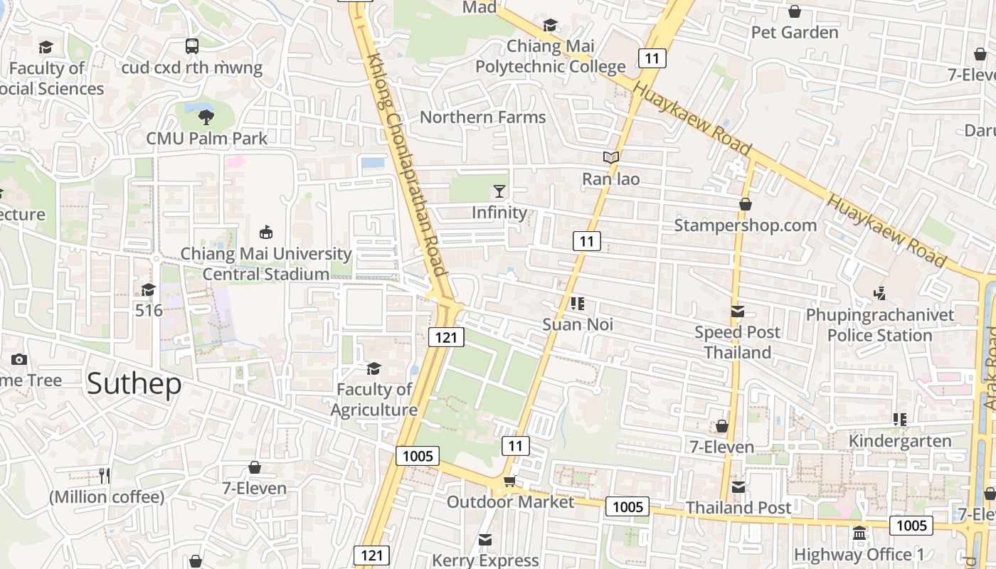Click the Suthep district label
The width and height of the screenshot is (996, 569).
pyautogui.click(x=134, y=384)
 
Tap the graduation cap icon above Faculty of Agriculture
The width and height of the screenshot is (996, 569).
pyautogui.click(x=373, y=368)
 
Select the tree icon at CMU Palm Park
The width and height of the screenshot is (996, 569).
pyautogui.click(x=206, y=117)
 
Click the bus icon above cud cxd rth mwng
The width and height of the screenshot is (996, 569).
pyautogui.click(x=192, y=46)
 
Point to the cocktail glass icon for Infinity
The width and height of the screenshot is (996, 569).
pyautogui.click(x=499, y=191)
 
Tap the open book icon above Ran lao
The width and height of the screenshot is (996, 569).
pyautogui.click(x=610, y=158)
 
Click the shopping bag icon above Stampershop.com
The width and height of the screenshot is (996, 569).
pyautogui.click(x=745, y=205)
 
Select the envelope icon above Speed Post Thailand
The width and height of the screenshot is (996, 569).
pyautogui.click(x=737, y=312)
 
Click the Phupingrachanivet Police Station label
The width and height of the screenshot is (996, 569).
pyautogui.click(x=879, y=325)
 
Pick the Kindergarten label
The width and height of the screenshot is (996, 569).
pyautogui.click(x=900, y=441)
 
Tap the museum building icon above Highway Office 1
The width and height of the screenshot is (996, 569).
pyautogui.click(x=859, y=533)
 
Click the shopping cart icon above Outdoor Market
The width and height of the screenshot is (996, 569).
pyautogui.click(x=509, y=482)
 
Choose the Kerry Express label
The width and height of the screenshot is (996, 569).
pyautogui.click(x=485, y=560)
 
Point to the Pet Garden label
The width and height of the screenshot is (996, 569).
pyautogui.click(x=795, y=33)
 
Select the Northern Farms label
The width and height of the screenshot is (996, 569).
pyautogui.click(x=482, y=117)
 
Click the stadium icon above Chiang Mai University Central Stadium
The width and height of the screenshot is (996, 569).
pyautogui.click(x=266, y=232)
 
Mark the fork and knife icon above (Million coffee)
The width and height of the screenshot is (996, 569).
pyautogui.click(x=105, y=475)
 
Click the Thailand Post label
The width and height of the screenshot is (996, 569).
pyautogui.click(x=738, y=508)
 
